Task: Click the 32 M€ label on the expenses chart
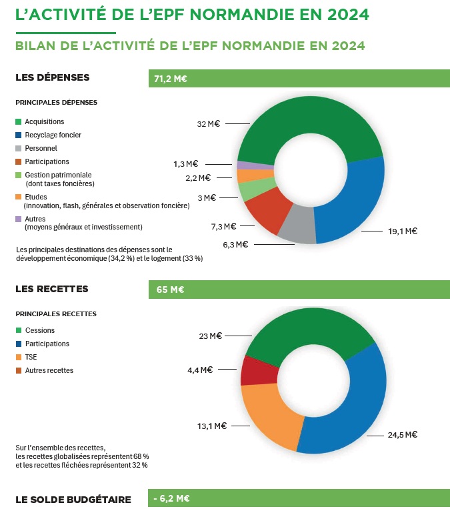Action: coord(208,123)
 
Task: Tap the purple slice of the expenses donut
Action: coord(255,165)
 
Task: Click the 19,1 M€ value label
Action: coord(403,231)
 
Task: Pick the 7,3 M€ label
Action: coord(223,226)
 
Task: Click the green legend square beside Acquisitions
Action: coord(19,121)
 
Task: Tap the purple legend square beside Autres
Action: coord(19,219)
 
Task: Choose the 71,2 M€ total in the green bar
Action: coord(170,79)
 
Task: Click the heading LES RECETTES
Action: coord(52,289)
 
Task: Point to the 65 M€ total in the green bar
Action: coord(170,290)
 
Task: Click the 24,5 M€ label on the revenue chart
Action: coord(403,435)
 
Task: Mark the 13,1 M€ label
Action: coord(212,426)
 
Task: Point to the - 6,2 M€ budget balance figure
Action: coord(171,498)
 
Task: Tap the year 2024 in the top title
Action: coord(348,15)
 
